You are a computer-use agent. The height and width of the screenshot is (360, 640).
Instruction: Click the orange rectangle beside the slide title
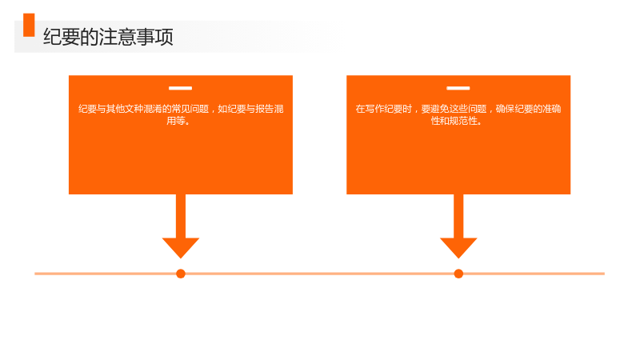pos(29,25)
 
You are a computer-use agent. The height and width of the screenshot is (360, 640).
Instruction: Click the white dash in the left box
pos(181,88)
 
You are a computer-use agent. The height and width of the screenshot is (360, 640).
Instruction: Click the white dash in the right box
pos(458,88)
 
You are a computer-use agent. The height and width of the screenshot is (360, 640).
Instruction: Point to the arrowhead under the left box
pos(181,248)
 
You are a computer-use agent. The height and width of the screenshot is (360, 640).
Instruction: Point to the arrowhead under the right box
pos(458,248)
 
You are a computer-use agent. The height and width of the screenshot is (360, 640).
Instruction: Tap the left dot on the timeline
pos(181,274)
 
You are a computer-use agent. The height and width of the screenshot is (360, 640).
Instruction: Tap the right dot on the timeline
pos(458,274)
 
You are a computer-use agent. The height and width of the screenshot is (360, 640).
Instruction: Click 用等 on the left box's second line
pos(176,121)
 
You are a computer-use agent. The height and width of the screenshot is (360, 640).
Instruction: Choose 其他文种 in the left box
pos(125,109)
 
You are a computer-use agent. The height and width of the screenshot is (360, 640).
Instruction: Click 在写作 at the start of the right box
pos(370,109)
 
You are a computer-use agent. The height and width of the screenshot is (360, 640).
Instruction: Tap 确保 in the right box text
pos(505,109)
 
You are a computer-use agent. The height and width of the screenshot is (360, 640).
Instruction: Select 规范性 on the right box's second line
pos(464,121)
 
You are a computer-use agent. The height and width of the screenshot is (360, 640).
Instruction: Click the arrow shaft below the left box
pos(181,216)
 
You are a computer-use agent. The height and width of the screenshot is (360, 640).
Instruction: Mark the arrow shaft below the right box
pos(458,216)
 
